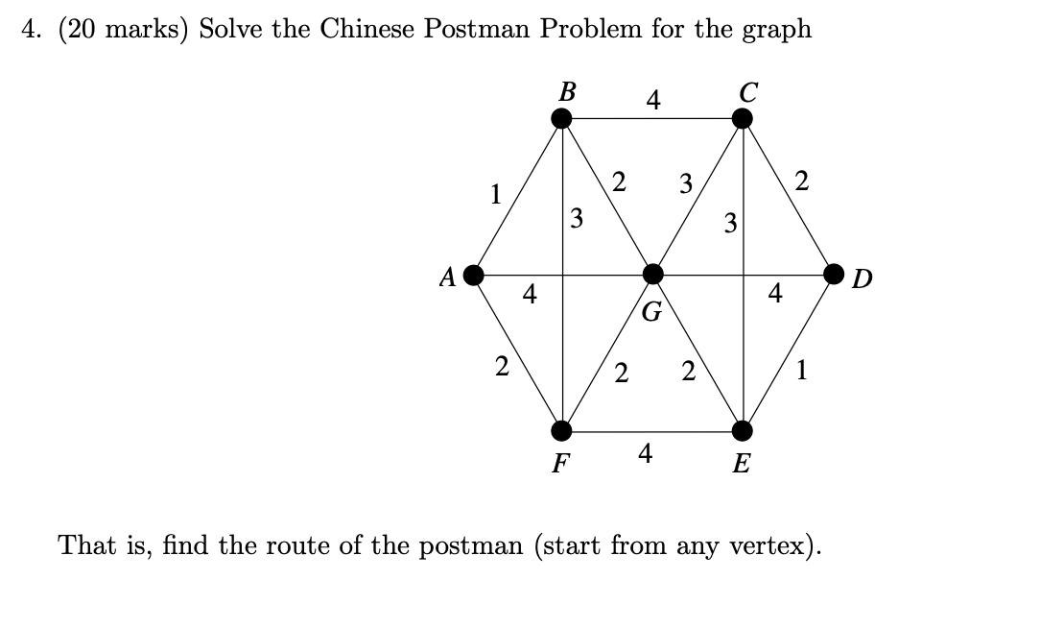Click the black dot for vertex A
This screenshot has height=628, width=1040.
tap(472, 275)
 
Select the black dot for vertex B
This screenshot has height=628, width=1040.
tap(562, 118)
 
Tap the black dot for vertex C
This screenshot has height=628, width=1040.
tap(743, 118)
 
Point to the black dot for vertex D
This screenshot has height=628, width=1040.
tap(834, 275)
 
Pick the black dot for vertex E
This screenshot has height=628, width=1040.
tap(743, 429)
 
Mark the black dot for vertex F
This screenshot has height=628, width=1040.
tap(562, 429)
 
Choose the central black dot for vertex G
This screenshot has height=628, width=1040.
tap(652, 275)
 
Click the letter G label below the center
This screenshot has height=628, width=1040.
tap(651, 311)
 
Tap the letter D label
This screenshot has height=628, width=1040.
tap(863, 279)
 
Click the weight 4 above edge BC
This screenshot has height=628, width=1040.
tap(652, 99)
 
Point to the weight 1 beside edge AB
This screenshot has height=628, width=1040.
tap(495, 193)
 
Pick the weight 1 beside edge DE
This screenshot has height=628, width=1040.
tap(802, 371)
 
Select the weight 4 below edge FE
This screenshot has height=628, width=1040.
tap(646, 452)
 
